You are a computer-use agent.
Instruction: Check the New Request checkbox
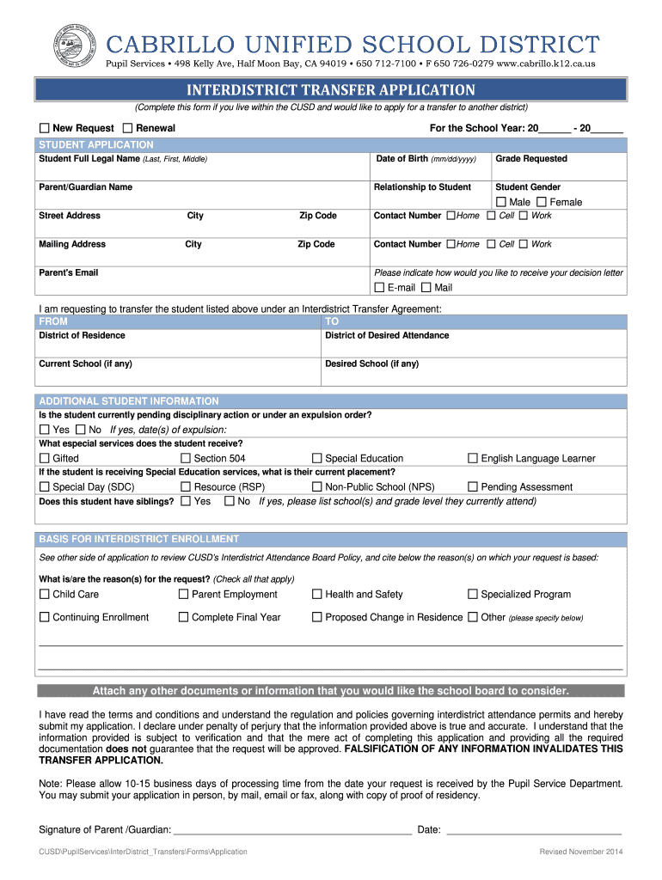[x=45, y=128]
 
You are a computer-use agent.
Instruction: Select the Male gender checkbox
[x=500, y=202]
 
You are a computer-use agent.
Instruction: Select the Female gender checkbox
[x=542, y=202]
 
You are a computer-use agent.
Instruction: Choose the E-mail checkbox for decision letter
[x=379, y=287]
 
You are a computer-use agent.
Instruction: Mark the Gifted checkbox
[x=45, y=458]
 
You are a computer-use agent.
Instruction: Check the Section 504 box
[x=185, y=458]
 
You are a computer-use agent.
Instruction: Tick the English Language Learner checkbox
[x=472, y=458]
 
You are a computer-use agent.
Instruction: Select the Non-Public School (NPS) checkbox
[x=316, y=486]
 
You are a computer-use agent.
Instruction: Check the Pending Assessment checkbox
[x=472, y=486]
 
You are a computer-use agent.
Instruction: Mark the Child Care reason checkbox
[x=45, y=594]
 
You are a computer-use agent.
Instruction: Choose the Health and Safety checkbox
[x=316, y=594]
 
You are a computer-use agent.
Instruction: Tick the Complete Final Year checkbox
[x=183, y=617]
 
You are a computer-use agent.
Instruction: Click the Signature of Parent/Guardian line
[x=292, y=830]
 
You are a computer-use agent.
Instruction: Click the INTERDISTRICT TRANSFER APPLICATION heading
[x=331, y=89]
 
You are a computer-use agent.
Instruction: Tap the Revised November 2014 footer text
[x=580, y=852]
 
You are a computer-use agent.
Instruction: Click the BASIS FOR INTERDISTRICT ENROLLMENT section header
[x=139, y=539]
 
